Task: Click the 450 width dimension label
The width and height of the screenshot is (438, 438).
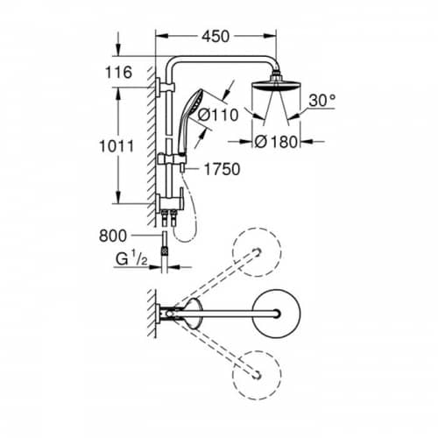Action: (215, 37)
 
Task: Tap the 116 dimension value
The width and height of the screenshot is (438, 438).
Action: (118, 73)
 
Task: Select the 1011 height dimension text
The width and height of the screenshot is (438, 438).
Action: (117, 146)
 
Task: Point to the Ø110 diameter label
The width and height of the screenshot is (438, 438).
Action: (218, 115)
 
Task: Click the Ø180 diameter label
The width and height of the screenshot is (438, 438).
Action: (276, 142)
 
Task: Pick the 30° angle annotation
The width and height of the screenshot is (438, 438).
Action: (322, 100)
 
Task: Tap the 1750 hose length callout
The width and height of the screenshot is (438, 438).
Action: (222, 169)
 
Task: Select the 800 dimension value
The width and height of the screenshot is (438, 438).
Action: (113, 236)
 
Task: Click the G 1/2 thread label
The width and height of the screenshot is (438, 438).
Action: (131, 259)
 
